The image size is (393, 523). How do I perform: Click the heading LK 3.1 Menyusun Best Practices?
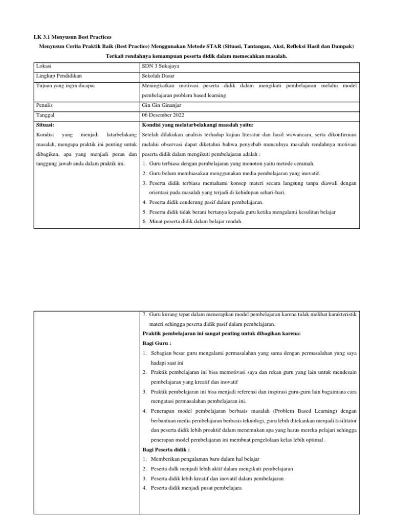(72, 37)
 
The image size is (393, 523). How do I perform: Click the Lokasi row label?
(45, 66)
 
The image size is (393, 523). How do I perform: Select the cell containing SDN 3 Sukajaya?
(161, 66)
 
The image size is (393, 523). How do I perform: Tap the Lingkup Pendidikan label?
(59, 76)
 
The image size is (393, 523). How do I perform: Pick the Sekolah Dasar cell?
(159, 76)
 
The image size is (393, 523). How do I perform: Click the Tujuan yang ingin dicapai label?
(65, 85)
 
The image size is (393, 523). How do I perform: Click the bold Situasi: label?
(46, 125)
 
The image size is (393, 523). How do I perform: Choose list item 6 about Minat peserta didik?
(195, 221)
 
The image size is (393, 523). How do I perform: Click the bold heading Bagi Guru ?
(157, 343)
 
